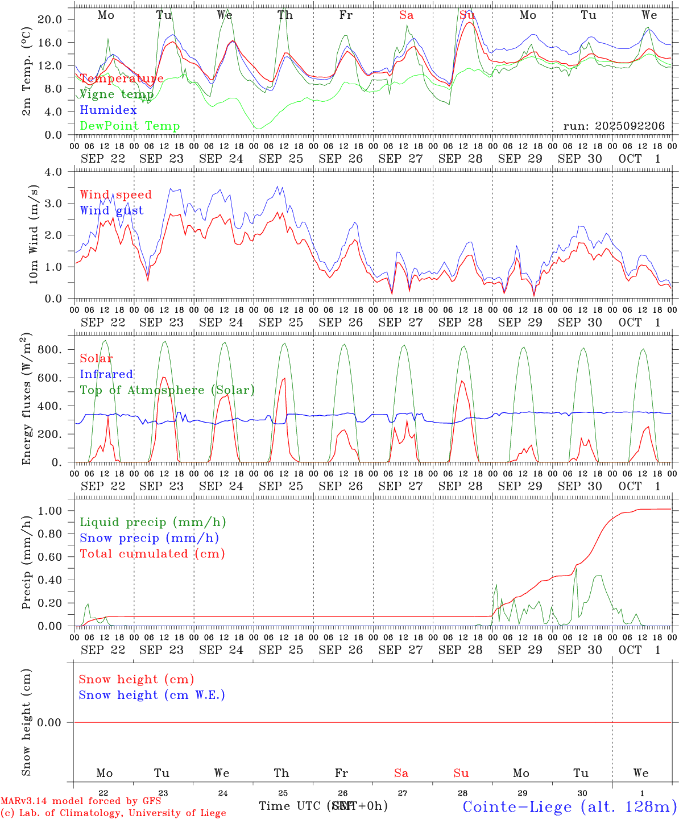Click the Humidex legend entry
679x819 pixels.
pos(108,110)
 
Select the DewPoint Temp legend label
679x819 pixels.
pos(130,126)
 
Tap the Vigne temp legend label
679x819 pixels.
pos(117,94)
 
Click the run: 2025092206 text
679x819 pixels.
pos(614,126)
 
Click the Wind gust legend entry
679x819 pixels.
pos(111,210)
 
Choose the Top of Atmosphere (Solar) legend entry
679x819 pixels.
pos(167,390)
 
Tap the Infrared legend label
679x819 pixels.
pos(106,374)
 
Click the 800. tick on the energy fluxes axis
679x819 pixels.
pos(49,350)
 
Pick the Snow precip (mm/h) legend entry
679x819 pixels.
pos(149,538)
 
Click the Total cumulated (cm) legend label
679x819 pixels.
pos(152,554)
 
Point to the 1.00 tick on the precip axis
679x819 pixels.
pos(49,511)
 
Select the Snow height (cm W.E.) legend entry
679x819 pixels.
pos(152,695)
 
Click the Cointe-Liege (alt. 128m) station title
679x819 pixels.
pos(569,806)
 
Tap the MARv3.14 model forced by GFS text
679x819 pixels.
pos(81,801)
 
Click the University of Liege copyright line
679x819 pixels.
pos(113,813)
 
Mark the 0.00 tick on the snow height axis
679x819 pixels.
pos(49,722)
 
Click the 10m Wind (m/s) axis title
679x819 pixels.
pos(34,235)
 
